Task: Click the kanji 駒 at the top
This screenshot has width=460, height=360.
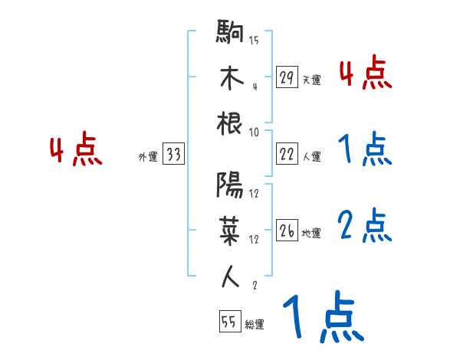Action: point(231,34)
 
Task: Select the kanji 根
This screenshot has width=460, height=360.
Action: point(231,124)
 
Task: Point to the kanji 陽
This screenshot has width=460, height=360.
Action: point(231,185)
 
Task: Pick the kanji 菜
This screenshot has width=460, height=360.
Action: point(231,231)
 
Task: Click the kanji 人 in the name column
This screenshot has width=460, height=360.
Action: point(231,277)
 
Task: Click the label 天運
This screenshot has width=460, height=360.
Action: point(311,80)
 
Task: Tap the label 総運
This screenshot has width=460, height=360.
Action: point(254,325)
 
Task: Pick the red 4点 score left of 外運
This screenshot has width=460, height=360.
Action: point(76,151)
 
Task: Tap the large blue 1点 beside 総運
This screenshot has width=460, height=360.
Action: point(322,318)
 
